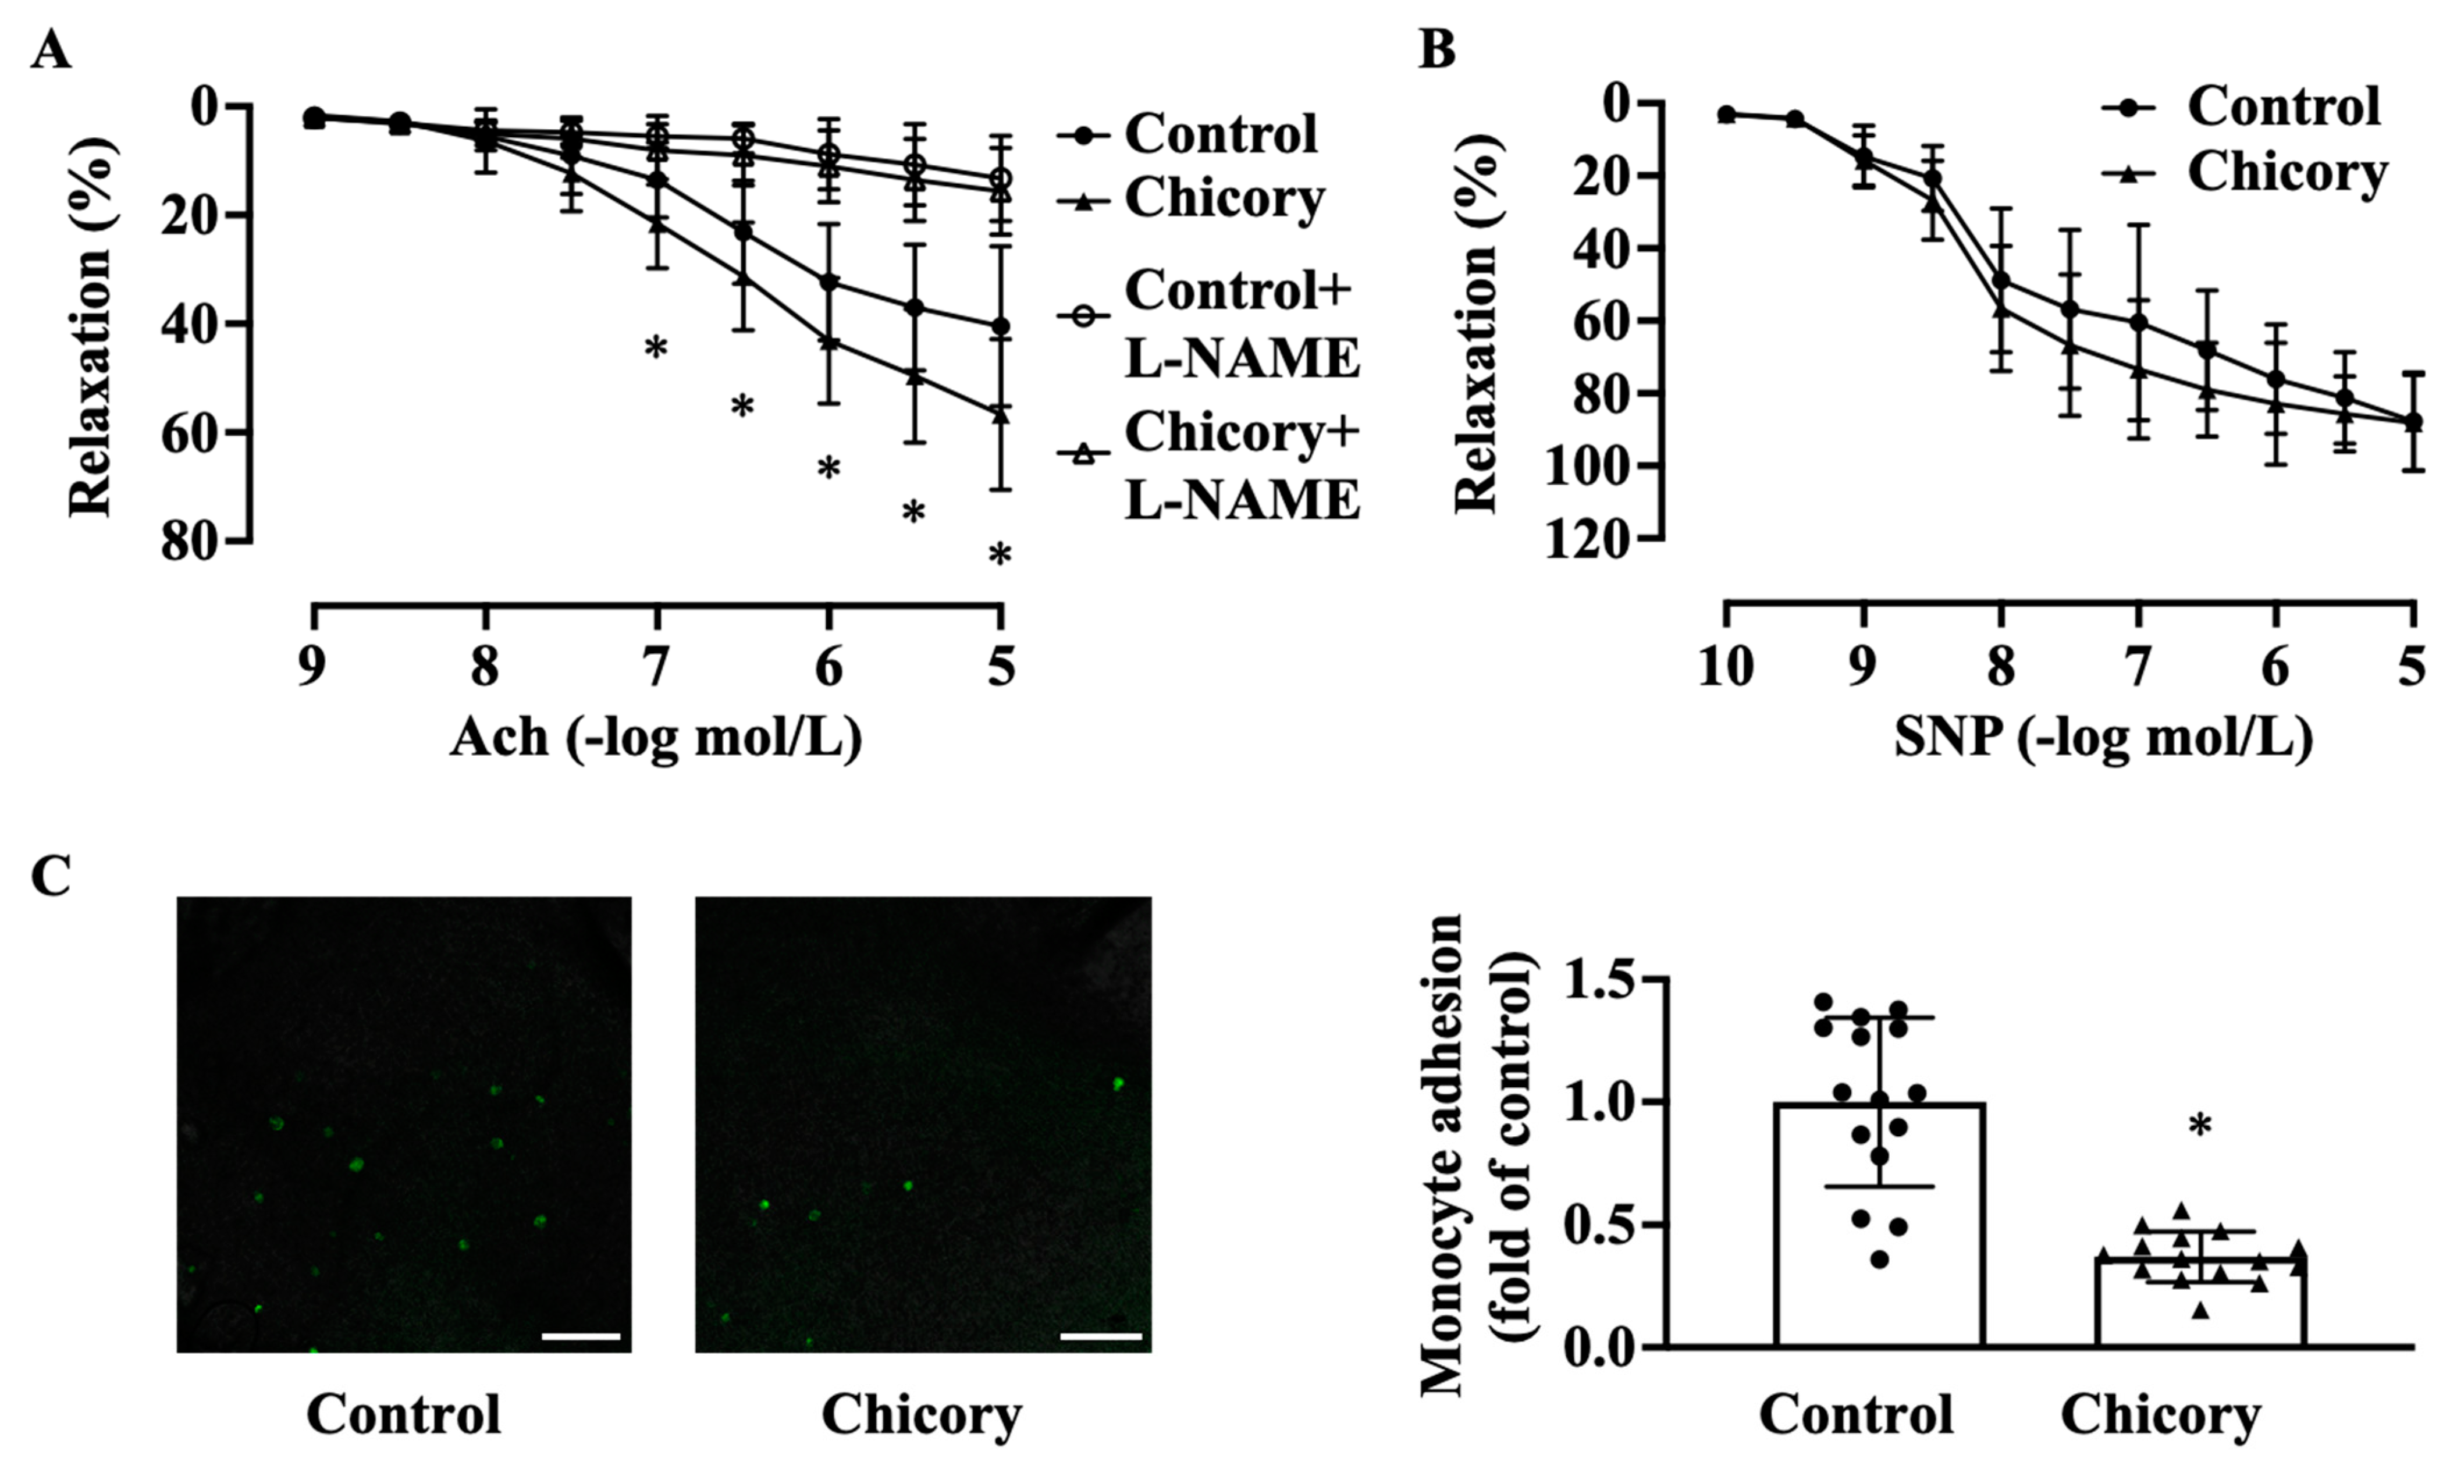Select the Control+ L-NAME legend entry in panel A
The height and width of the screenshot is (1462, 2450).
click(1240, 324)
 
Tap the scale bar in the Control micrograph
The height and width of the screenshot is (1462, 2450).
click(580, 1337)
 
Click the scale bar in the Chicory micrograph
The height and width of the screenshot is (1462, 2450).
click(1100, 1337)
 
